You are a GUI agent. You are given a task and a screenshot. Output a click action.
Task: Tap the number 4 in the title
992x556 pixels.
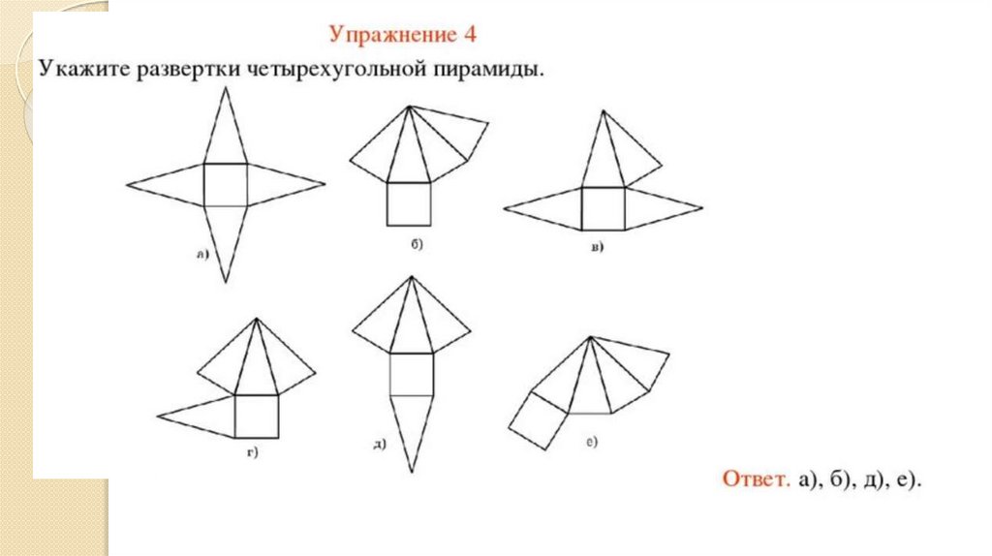click(470, 34)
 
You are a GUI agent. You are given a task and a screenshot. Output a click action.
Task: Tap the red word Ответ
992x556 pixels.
click(756, 479)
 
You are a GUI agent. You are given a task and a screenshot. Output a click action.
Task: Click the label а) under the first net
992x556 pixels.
click(201, 255)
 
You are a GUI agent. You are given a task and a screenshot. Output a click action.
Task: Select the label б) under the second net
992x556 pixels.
click(417, 243)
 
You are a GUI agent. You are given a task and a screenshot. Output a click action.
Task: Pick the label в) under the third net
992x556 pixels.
click(597, 247)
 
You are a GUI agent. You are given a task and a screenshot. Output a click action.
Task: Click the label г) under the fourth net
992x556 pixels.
click(253, 452)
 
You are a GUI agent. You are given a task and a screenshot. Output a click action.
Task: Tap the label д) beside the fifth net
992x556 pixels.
click(379, 445)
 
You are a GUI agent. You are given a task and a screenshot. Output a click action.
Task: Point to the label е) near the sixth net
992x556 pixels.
click(592, 442)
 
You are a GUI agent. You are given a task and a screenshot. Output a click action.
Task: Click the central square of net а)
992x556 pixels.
click(225, 185)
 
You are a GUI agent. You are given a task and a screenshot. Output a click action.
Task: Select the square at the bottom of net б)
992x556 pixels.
click(409, 203)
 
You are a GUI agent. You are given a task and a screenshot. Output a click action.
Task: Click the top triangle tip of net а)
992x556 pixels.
click(225, 87)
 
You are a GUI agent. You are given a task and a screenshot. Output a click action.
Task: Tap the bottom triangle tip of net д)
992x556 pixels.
click(411, 472)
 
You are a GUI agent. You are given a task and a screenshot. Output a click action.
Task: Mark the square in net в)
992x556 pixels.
click(603, 208)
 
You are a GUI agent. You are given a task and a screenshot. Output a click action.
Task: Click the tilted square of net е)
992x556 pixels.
click(539, 420)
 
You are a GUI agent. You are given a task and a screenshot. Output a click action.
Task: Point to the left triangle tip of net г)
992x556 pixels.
click(158, 417)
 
